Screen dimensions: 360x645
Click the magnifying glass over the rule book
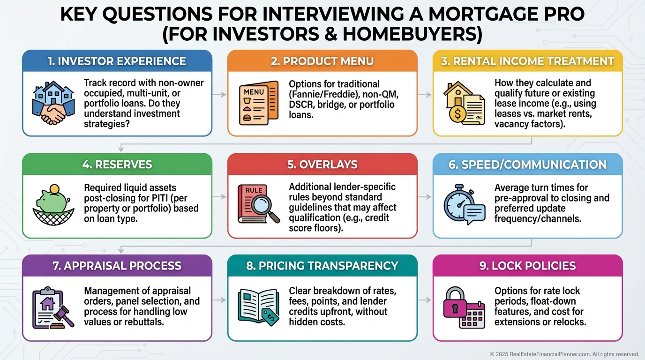[x=266, y=209]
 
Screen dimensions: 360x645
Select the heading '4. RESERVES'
[x=117, y=165]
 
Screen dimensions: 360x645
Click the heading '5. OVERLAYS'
[x=322, y=165]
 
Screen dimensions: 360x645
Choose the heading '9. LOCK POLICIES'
[x=527, y=266]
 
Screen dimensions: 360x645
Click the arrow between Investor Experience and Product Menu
[x=219, y=94]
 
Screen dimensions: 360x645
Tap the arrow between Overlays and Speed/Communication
[x=425, y=197]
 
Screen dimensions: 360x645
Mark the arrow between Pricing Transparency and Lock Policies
[x=425, y=299]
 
